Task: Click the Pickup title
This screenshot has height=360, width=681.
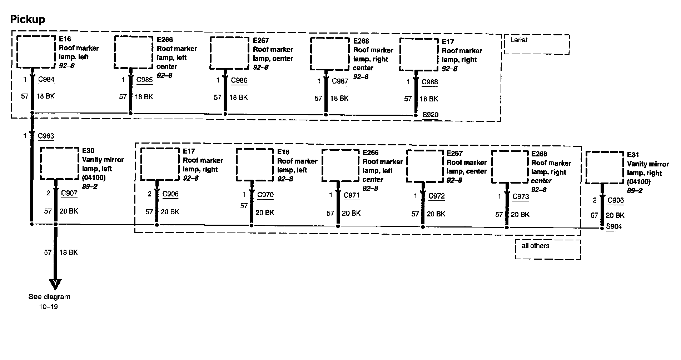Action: pos(28,19)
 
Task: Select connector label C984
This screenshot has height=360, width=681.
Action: pos(46,79)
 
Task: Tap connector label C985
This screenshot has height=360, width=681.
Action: pos(144,80)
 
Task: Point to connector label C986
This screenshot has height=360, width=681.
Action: pos(239,80)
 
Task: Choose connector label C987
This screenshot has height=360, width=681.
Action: pos(340,81)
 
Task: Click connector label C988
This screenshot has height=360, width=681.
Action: pos(429,82)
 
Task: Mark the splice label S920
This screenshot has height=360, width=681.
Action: pos(430,115)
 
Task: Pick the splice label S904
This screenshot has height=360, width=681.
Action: pos(614,226)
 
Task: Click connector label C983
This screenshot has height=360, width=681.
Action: pos(46,136)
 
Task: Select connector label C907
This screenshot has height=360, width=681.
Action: pos(69,193)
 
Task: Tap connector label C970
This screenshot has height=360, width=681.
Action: pos(265,195)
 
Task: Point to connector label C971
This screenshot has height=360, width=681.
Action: pos(352,195)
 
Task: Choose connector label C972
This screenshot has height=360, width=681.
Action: pos(436,196)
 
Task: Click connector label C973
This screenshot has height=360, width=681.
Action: pos(521,197)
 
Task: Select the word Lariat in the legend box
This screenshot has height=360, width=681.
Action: pos(519,40)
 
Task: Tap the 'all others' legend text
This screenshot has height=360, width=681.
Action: pos(535,246)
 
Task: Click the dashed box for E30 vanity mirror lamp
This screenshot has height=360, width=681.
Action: pos(59,147)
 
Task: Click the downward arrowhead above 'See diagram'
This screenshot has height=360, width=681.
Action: pos(55,284)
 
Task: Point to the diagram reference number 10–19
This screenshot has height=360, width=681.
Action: pos(49,306)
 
